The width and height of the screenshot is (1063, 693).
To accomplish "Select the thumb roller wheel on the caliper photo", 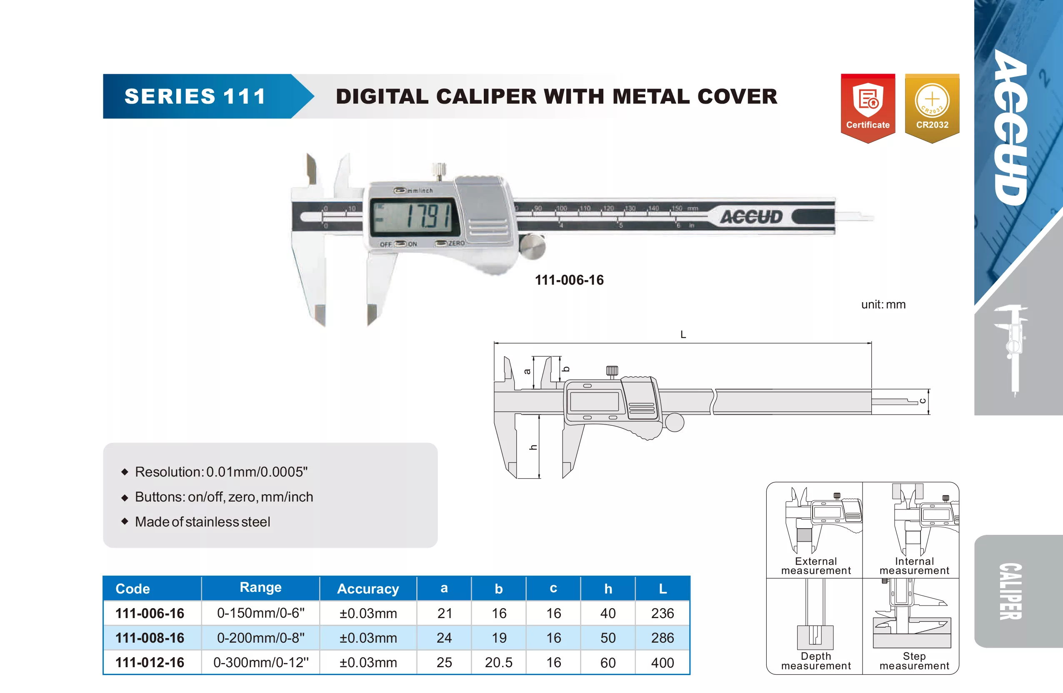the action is point(533,246).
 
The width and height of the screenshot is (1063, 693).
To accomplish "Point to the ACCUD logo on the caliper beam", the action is point(751,217).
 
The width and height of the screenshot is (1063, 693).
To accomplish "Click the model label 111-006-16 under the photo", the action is point(569,280).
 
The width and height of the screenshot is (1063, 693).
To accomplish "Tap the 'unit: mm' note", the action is point(883,304).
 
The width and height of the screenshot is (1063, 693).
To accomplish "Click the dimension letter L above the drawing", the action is point(683,334).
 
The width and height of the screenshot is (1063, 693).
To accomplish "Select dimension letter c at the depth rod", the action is point(923,401).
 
